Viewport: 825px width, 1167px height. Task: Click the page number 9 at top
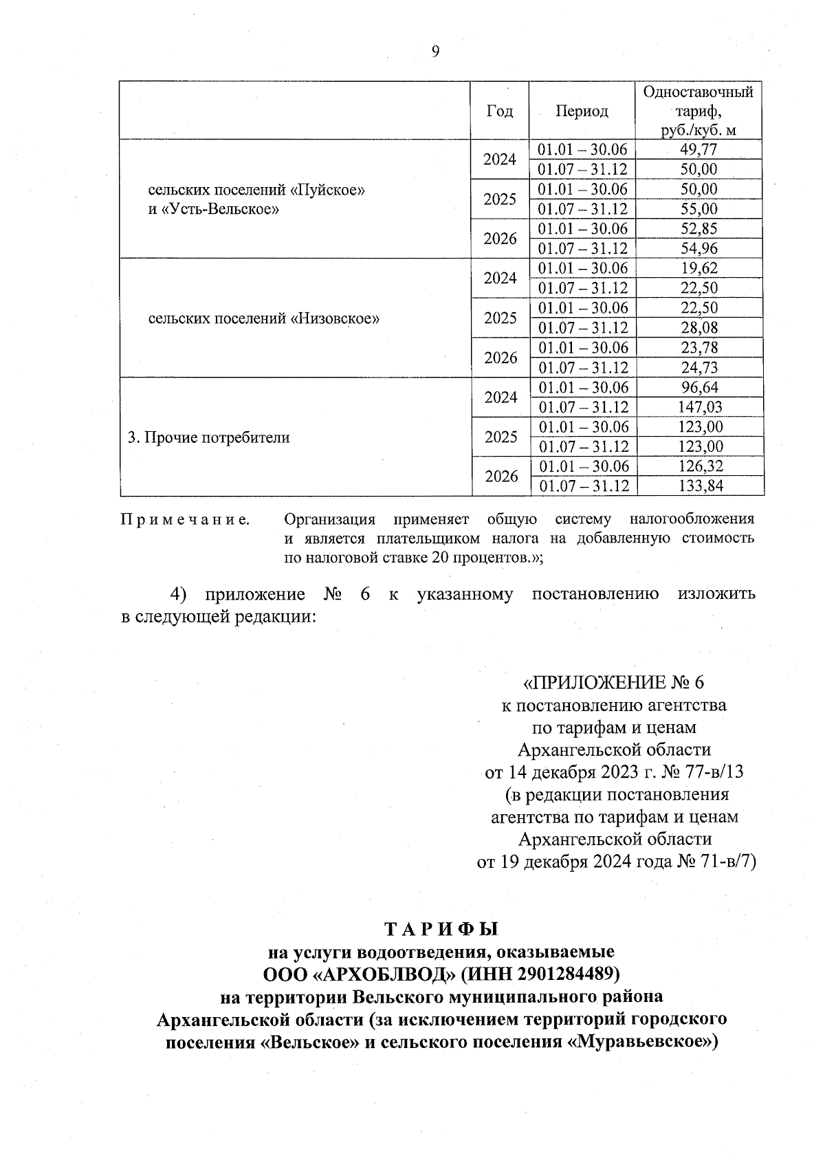pos(435,52)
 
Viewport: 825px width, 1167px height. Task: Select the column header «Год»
pos(500,111)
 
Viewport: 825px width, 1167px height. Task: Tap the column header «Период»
pos(582,111)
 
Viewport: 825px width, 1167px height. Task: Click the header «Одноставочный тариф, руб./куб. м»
pos(698,111)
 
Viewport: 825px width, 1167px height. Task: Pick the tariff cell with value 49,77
pos(698,149)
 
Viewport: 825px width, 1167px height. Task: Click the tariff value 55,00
pos(698,209)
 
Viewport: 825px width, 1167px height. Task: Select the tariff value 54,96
pos(698,248)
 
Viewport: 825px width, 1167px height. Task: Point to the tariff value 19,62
pos(698,268)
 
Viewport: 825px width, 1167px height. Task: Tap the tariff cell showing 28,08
pos(698,327)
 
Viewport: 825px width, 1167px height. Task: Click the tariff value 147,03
pos(698,407)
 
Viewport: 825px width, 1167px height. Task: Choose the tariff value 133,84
pos(698,486)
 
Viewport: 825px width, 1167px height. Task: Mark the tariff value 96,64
pos(698,387)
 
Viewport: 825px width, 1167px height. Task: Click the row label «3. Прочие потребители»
pos(209,437)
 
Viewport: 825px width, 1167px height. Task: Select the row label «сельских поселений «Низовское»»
pos(264,318)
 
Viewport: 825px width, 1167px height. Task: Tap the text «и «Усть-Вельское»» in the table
pos(213,209)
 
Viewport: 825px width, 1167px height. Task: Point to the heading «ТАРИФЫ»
pos(441,929)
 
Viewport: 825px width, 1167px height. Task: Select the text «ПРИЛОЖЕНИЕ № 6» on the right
pos(614,682)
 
